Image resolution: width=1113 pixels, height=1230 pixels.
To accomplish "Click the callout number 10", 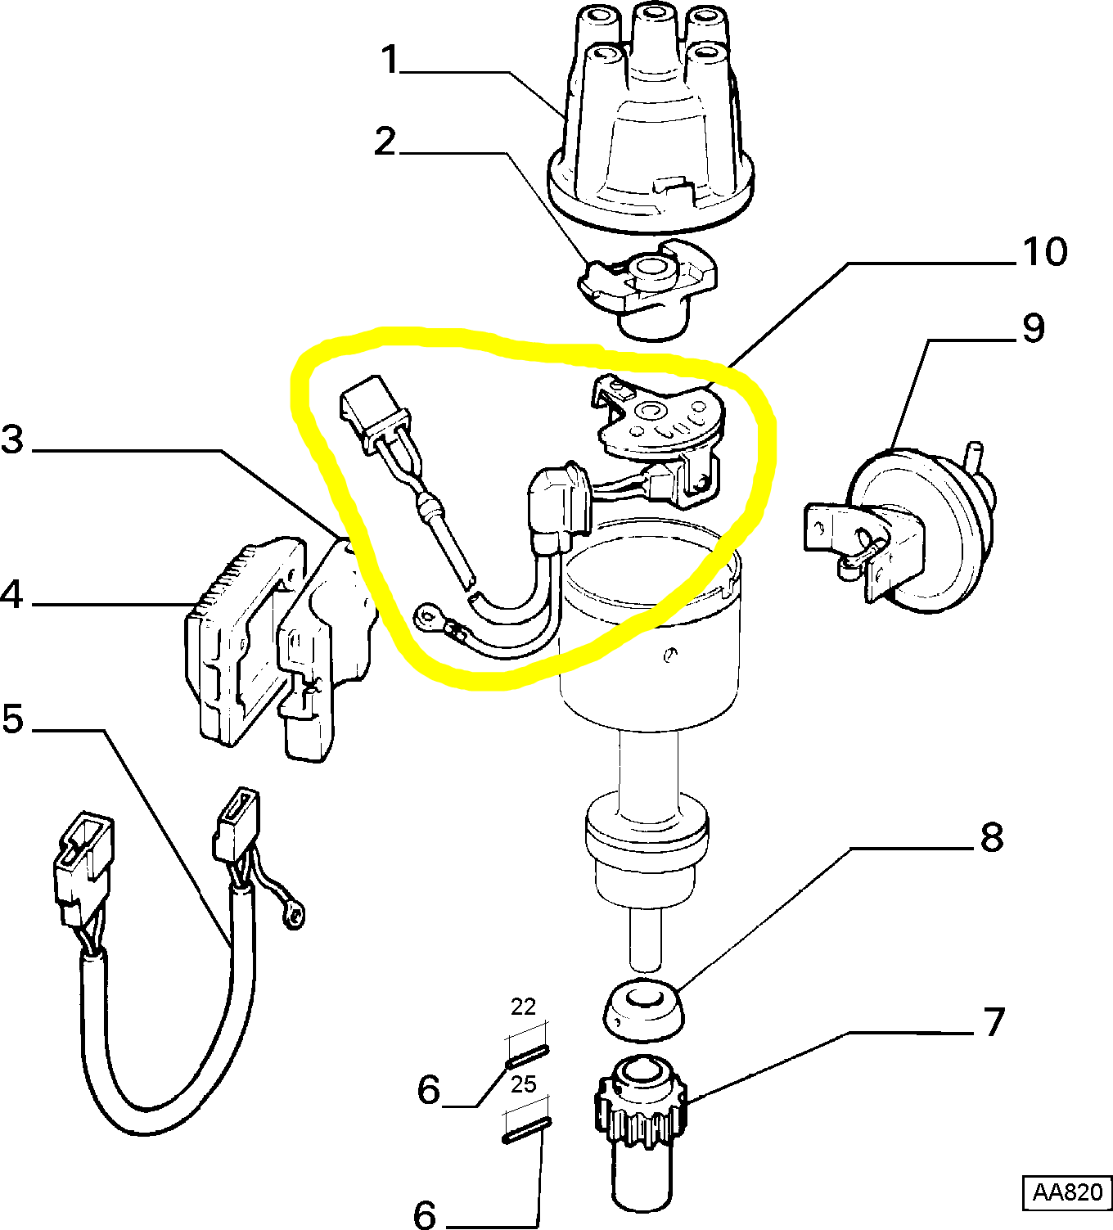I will (x=1045, y=252).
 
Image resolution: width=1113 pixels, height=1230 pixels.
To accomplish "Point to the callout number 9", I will (x=1033, y=328).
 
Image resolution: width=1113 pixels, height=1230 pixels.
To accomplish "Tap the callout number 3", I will (x=13, y=439).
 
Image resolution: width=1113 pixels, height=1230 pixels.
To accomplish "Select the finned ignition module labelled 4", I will (x=233, y=647).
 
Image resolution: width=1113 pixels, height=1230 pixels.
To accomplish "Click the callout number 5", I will (x=13, y=719).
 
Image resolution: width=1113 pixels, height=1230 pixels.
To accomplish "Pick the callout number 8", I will (x=991, y=837).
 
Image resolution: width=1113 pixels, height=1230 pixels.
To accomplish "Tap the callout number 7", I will (x=993, y=1022).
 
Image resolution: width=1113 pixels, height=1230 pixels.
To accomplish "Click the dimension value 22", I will (x=523, y=1007).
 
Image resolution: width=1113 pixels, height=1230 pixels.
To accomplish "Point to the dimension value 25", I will (x=523, y=1084).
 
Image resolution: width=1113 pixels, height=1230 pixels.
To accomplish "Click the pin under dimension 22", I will (x=527, y=1057).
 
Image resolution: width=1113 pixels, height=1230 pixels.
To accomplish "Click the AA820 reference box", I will (x=1067, y=1192).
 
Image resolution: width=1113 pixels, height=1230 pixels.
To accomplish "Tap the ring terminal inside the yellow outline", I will (x=428, y=615).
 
